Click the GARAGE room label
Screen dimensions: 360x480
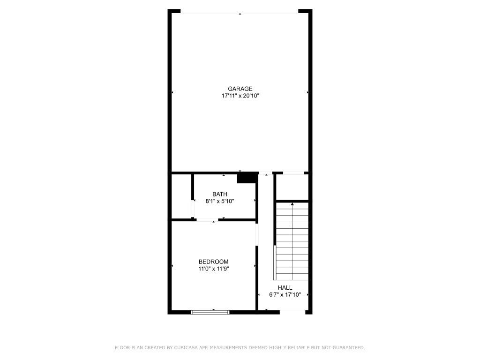(x=240, y=89)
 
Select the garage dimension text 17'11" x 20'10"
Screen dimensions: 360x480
(x=240, y=96)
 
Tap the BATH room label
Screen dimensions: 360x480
(x=219, y=194)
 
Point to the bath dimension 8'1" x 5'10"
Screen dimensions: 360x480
(x=219, y=201)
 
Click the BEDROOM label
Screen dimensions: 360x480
(x=213, y=262)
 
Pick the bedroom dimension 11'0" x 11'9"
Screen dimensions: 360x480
(x=213, y=269)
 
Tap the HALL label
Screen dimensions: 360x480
(x=285, y=288)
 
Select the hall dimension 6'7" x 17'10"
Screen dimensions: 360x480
(x=285, y=295)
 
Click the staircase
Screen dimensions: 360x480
(x=292, y=241)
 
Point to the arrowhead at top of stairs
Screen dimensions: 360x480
(x=292, y=204)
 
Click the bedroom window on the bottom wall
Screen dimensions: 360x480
(x=210, y=312)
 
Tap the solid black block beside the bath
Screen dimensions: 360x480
(x=246, y=178)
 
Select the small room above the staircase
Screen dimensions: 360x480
(x=292, y=187)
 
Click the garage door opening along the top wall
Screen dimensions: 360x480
(x=240, y=11)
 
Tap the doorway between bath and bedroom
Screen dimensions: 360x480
(x=206, y=220)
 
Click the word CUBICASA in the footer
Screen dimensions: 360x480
(x=185, y=348)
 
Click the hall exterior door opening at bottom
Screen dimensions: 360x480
(x=292, y=311)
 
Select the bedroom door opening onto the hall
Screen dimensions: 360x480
(x=256, y=234)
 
